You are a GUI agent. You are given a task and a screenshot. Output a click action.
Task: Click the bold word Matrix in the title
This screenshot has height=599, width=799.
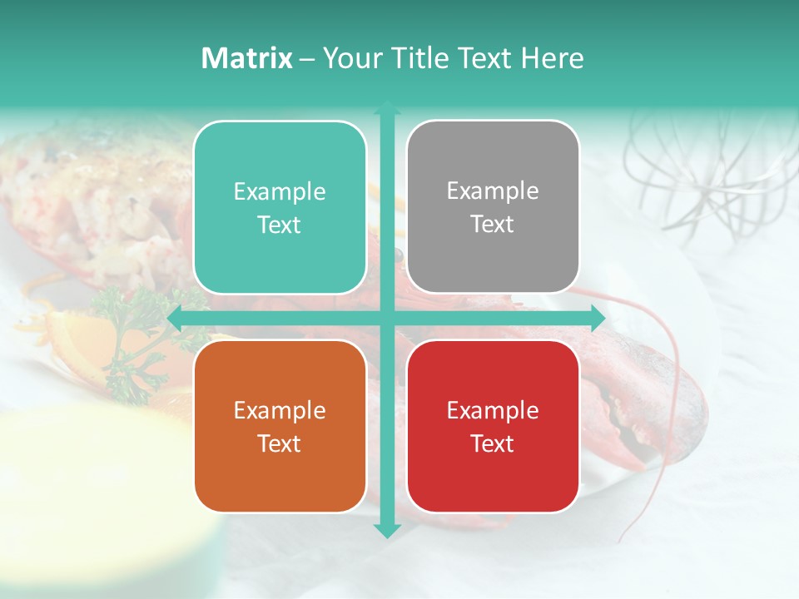tap(247, 58)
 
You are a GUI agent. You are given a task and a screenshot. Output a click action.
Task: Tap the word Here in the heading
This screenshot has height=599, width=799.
tap(552, 58)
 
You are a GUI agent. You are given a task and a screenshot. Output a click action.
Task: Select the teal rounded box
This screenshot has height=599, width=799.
tap(280, 207)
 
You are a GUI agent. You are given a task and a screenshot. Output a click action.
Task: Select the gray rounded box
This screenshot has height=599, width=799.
tap(493, 207)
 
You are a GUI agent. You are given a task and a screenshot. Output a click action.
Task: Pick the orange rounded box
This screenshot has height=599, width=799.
tap(280, 426)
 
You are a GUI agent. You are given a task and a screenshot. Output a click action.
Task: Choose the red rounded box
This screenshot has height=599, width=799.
tap(493, 426)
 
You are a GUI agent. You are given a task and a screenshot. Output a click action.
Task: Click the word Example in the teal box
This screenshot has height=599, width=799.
tap(280, 192)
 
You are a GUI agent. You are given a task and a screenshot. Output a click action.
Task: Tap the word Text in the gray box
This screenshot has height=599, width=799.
tap(493, 225)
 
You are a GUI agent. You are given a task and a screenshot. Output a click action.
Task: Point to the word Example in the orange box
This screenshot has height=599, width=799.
tap(280, 411)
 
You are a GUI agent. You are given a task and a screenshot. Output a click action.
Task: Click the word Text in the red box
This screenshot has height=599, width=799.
tap(493, 443)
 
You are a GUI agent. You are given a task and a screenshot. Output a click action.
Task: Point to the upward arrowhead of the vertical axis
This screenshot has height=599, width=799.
tap(387, 108)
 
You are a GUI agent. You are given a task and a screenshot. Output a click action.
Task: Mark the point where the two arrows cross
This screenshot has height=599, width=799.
tap(387, 318)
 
